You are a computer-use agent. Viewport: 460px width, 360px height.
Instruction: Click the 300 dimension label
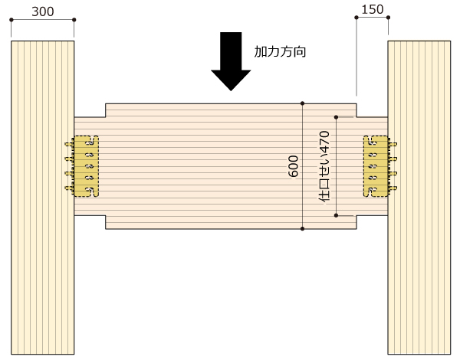(x=43, y=11)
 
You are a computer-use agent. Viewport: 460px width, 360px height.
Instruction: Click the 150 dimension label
(x=373, y=10)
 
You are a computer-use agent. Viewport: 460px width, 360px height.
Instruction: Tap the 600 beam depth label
(x=294, y=166)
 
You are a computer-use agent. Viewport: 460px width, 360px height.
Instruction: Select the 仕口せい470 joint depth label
(x=324, y=166)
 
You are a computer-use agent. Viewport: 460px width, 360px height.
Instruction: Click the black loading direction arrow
(x=231, y=61)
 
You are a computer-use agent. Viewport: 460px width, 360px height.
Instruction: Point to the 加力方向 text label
(x=280, y=52)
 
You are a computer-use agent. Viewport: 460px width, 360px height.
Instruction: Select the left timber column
(x=42, y=198)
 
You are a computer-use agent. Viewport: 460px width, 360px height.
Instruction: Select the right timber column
(x=419, y=198)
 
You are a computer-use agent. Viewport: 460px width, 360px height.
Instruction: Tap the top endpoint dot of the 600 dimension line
(x=303, y=103)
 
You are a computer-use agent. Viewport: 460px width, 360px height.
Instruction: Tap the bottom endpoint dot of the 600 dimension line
(x=303, y=229)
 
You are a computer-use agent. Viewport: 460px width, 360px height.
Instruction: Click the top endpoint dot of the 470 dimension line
(x=337, y=117)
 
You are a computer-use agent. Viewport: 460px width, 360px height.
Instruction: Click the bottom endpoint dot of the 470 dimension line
(x=337, y=215)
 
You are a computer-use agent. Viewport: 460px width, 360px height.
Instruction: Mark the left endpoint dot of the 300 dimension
(x=11, y=20)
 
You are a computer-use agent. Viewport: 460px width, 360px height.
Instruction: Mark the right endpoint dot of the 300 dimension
(x=74, y=20)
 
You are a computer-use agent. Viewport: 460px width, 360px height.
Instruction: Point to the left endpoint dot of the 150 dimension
(x=356, y=18)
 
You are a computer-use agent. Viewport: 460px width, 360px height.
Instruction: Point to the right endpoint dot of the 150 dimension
(x=388, y=18)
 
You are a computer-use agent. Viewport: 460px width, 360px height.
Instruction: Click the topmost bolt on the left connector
(x=70, y=144)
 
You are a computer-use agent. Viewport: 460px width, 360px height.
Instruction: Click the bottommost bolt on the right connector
(x=393, y=188)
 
